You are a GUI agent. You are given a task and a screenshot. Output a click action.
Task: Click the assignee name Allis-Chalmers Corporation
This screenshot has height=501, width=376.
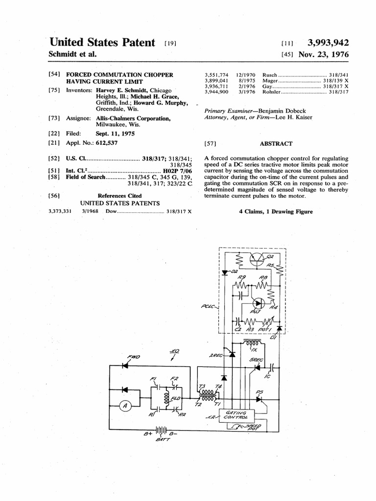pyautogui.click(x=133, y=119)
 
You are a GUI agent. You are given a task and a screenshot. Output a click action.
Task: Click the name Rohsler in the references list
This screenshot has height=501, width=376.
pyautogui.click(x=272, y=91)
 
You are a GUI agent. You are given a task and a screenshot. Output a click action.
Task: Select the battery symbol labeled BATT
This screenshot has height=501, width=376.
pyautogui.click(x=161, y=430)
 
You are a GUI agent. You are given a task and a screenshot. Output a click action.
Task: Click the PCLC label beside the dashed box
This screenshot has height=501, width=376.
pyautogui.click(x=208, y=307)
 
